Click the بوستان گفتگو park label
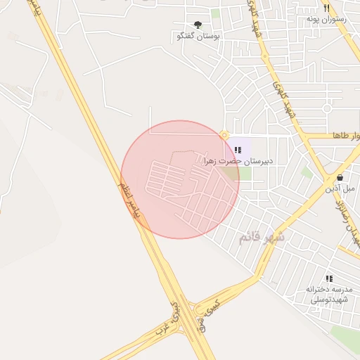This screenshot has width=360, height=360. [198, 35]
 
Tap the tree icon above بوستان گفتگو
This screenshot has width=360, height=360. [198, 25]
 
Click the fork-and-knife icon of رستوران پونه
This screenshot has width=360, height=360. [326, 8]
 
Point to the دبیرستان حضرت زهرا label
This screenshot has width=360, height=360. [238, 161]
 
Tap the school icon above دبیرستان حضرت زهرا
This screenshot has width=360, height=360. [238, 150]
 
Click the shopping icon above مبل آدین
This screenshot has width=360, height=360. [341, 177]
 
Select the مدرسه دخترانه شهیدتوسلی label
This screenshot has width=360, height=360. [328, 294]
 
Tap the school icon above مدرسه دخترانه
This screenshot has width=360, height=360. [329, 278]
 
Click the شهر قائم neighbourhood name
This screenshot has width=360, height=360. [262, 237]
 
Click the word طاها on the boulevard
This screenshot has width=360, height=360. [349, 135]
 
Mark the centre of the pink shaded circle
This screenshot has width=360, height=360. [180, 179]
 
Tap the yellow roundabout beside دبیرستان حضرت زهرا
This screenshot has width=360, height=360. [224, 135]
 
